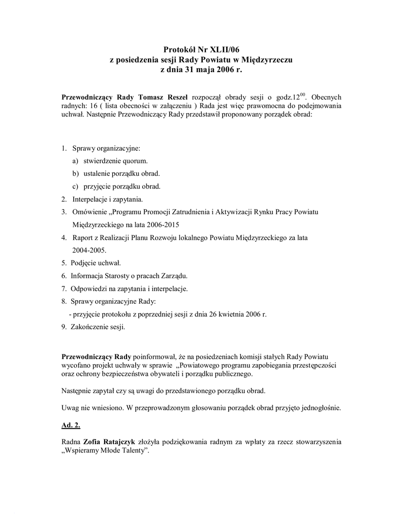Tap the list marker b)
(75, 174)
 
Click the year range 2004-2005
(89, 250)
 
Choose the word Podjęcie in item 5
(84, 263)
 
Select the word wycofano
(77, 365)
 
